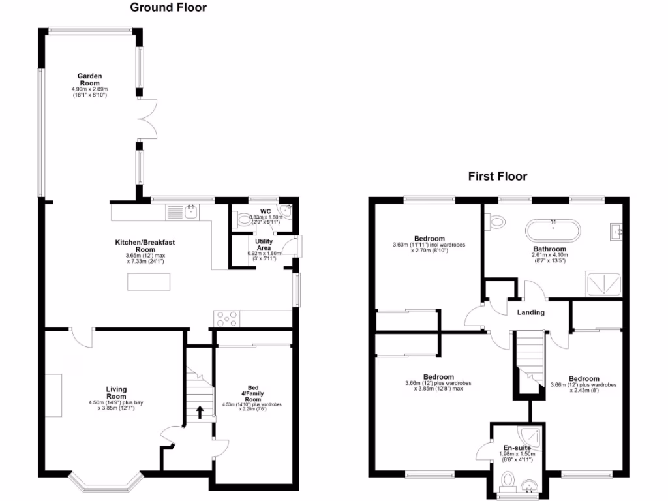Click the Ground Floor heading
168,8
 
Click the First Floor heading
497,176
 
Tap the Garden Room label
89,80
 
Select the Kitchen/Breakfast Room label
145,246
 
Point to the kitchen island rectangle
149,282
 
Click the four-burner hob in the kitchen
227,319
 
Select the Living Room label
116,393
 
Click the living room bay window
107,482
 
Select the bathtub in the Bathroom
553,230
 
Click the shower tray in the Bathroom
605,283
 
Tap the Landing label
530,312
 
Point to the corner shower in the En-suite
533,434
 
